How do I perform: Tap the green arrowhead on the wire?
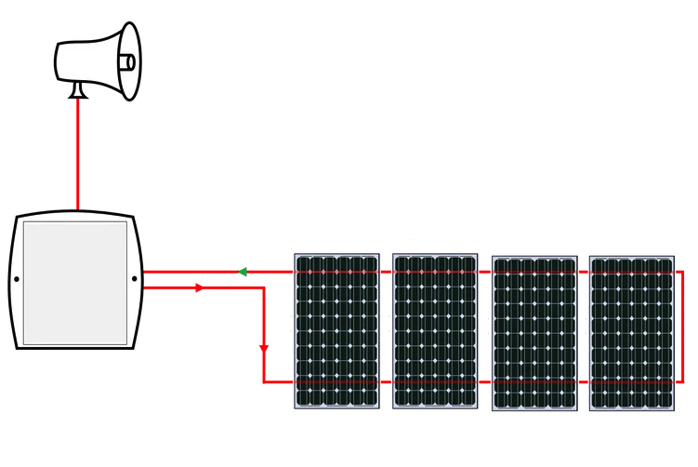pyautogui.click(x=241, y=272)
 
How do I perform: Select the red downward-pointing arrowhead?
pyautogui.click(x=264, y=349)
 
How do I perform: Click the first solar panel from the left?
pyautogui.click(x=337, y=330)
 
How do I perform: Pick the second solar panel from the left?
pyautogui.click(x=435, y=330)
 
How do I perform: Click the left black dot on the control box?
pyautogui.click(x=17, y=279)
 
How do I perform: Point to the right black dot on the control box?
pyautogui.click(x=135, y=278)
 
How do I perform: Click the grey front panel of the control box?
pyautogui.click(x=75, y=282)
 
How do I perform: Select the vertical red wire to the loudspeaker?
pyautogui.click(x=77, y=153)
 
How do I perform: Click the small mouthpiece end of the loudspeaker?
pyautogui.click(x=127, y=62)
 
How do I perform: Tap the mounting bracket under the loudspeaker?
pyautogui.click(x=78, y=90)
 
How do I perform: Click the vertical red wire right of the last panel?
pyautogui.click(x=682, y=326)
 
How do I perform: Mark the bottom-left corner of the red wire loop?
pyautogui.click(x=265, y=381)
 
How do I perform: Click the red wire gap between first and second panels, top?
pyautogui.click(x=386, y=272)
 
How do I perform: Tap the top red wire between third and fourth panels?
pyautogui.click(x=583, y=272)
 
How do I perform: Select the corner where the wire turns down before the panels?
pyautogui.click(x=264, y=288)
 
